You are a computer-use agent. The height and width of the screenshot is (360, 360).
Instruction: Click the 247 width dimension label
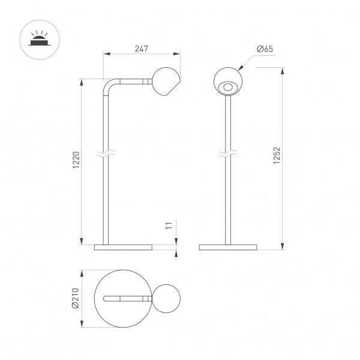141,49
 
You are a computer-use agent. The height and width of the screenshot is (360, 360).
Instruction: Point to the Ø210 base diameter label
76,298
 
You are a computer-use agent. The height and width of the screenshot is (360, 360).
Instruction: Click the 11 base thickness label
169,226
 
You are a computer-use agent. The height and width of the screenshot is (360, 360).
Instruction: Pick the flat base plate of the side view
124,247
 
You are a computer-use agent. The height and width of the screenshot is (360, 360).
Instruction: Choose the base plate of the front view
228,247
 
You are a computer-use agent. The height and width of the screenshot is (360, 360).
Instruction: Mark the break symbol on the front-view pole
228,155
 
